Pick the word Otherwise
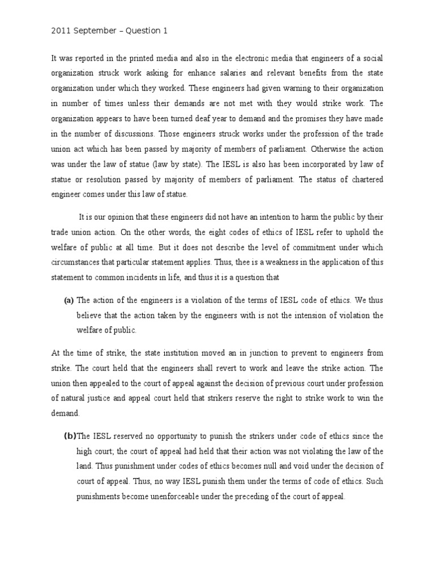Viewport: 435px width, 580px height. (327, 150)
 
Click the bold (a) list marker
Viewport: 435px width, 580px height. (69, 300)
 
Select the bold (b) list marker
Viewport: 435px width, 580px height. (70, 436)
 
